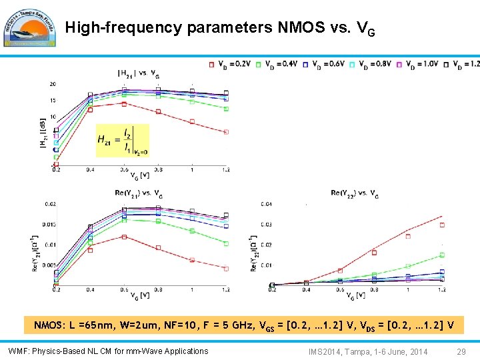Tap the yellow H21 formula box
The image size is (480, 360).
click(123, 140)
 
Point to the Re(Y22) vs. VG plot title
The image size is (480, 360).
click(355, 193)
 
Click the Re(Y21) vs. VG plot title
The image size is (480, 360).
click(139, 193)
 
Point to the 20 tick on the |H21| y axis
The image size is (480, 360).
click(52, 84)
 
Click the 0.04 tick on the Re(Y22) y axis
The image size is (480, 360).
click(265, 203)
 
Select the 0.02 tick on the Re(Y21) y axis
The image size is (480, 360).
click(49, 204)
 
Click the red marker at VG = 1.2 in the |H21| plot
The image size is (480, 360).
click(226, 132)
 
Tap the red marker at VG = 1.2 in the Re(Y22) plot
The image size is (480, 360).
click(441, 225)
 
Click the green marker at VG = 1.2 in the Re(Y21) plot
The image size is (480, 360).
click(226, 244)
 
